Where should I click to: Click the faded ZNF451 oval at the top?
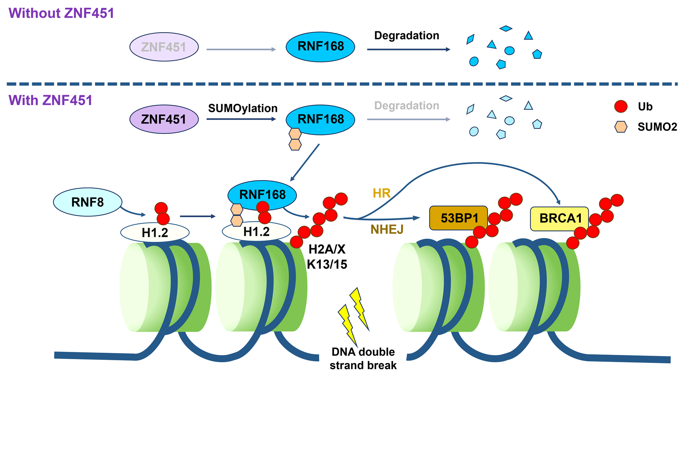(164, 47)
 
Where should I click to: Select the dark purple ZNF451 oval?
(164, 119)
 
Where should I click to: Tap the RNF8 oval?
(88, 202)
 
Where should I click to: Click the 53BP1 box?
(459, 218)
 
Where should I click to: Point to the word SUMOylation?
(243, 108)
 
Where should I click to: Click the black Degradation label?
(407, 36)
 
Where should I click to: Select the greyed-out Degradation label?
(407, 106)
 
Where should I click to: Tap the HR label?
(382, 193)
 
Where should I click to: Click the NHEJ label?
(387, 229)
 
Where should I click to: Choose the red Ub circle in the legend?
(621, 106)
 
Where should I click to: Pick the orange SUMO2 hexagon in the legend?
(621, 127)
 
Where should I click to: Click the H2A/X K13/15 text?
(327, 257)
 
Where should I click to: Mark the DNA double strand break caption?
(363, 358)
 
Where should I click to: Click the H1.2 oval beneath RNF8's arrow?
(155, 232)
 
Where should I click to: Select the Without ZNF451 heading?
(61, 13)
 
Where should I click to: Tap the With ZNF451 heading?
(51, 100)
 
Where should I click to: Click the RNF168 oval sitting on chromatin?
(262, 195)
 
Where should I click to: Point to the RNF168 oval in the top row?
(320, 47)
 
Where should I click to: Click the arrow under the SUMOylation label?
(241, 119)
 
